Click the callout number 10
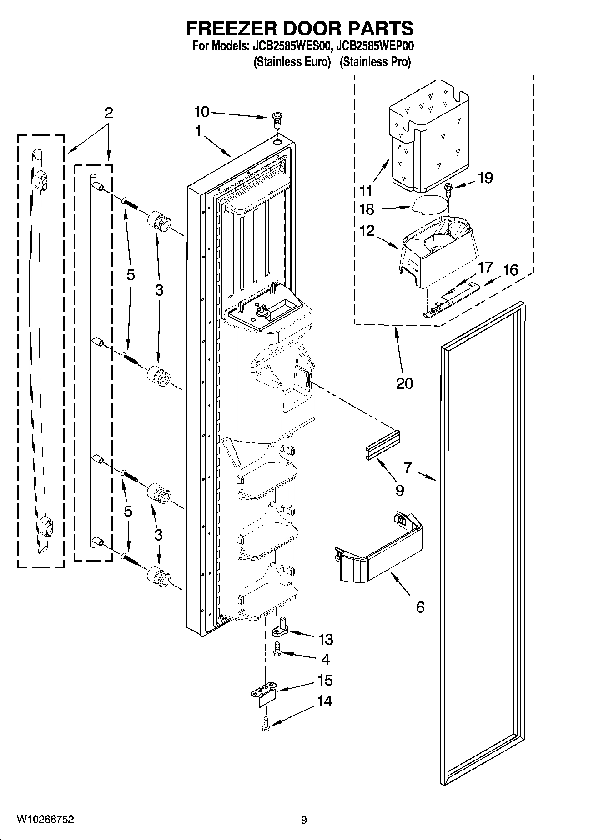[x=201, y=112]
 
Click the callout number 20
[x=404, y=383]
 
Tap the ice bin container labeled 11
[x=428, y=136]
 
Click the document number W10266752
[x=45, y=820]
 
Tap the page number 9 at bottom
[x=304, y=820]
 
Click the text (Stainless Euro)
[x=292, y=61]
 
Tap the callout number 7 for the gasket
[x=407, y=467]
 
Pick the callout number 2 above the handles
[x=108, y=113]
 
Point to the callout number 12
[x=367, y=231]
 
